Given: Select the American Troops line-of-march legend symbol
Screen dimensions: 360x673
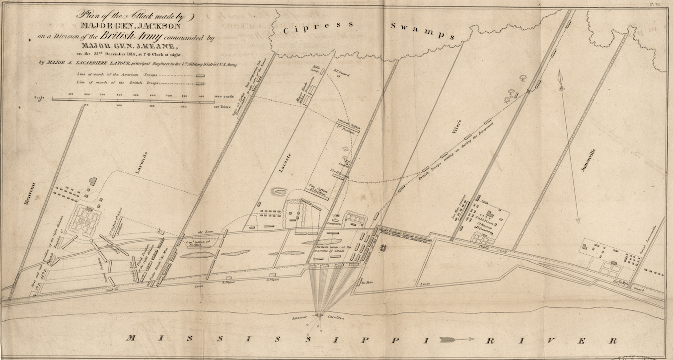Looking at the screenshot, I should [x=200, y=75].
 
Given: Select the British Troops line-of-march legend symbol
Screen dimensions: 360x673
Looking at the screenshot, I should [x=200, y=83].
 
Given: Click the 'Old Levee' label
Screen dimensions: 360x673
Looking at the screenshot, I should [x=205, y=232].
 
